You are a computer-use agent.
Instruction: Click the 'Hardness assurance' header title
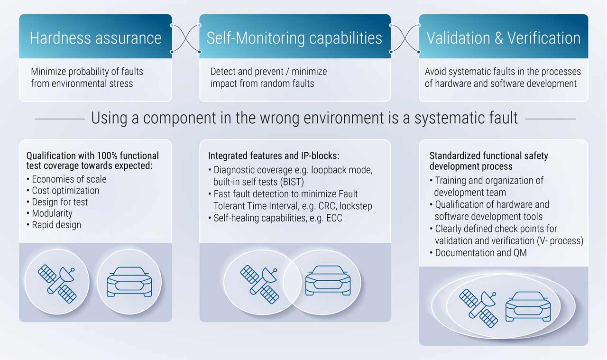point(95,37)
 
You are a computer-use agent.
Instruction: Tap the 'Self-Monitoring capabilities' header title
point(294,37)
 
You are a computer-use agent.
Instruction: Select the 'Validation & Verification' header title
point(504,37)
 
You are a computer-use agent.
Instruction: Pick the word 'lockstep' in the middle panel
point(356,206)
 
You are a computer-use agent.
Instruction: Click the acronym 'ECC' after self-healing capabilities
point(334,218)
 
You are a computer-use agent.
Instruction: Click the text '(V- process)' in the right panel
point(560,241)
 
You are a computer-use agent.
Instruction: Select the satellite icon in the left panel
point(57,284)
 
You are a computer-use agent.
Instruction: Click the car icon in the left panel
point(129,282)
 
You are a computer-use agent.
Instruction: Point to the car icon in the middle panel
point(328,281)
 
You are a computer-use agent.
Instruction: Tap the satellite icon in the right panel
point(478,308)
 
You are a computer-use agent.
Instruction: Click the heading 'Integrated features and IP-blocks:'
point(274,156)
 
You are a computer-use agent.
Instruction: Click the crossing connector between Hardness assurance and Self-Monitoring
point(185,38)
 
